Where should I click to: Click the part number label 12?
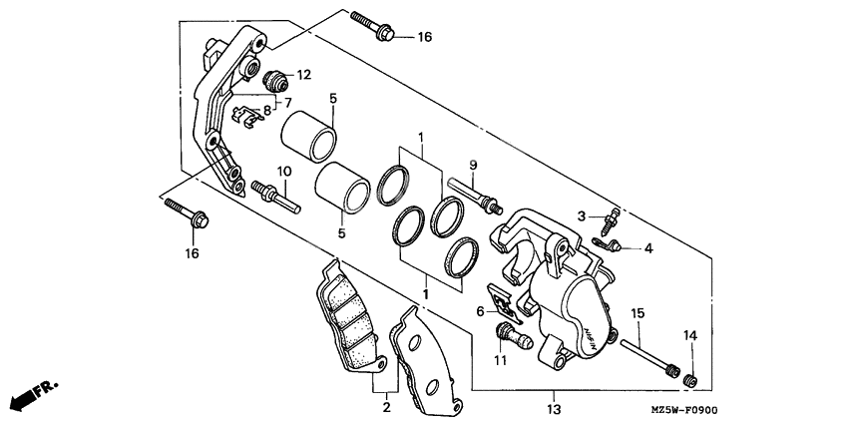coord(303,74)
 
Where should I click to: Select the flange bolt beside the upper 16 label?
coord(373,26)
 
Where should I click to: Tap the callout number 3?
coord(581,216)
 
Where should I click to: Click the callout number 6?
coord(481,311)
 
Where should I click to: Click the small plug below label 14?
coord(688,377)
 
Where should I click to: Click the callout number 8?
coord(267,110)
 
